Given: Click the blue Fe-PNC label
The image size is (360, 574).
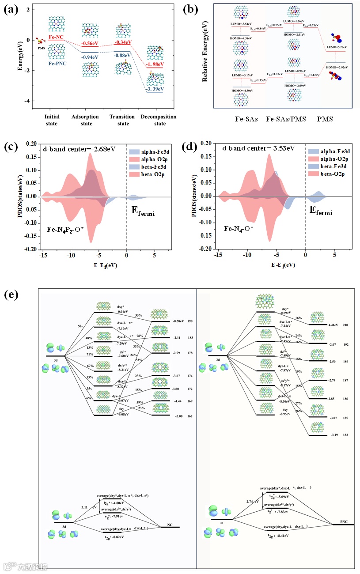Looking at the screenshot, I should point(57,64).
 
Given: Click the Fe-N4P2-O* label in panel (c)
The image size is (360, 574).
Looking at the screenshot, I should point(65,229).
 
